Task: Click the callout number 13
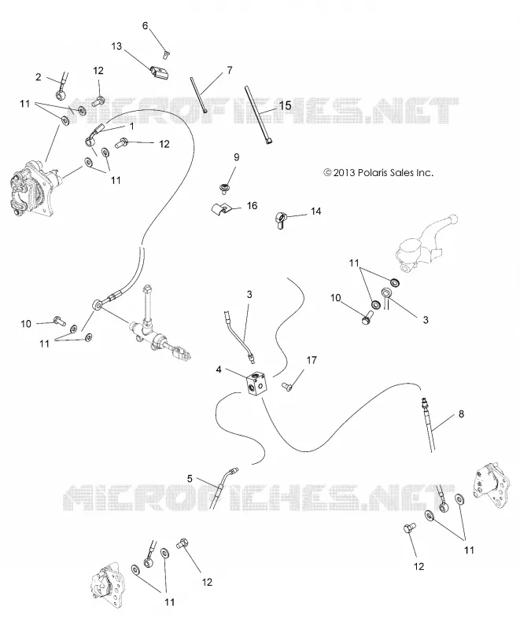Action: [116, 46]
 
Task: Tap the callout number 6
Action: [146, 26]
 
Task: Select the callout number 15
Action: [286, 105]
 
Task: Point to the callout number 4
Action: [219, 369]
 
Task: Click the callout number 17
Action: [312, 360]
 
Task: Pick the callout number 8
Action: [461, 414]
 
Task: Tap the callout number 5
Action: [190, 479]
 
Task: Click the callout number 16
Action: [252, 206]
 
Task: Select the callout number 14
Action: [316, 211]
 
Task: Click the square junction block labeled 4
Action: [257, 384]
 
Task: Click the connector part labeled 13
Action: [158, 73]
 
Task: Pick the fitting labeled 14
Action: [282, 220]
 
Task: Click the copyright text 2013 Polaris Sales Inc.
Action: [378, 173]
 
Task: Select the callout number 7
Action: [230, 71]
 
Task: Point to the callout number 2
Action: [39, 76]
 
